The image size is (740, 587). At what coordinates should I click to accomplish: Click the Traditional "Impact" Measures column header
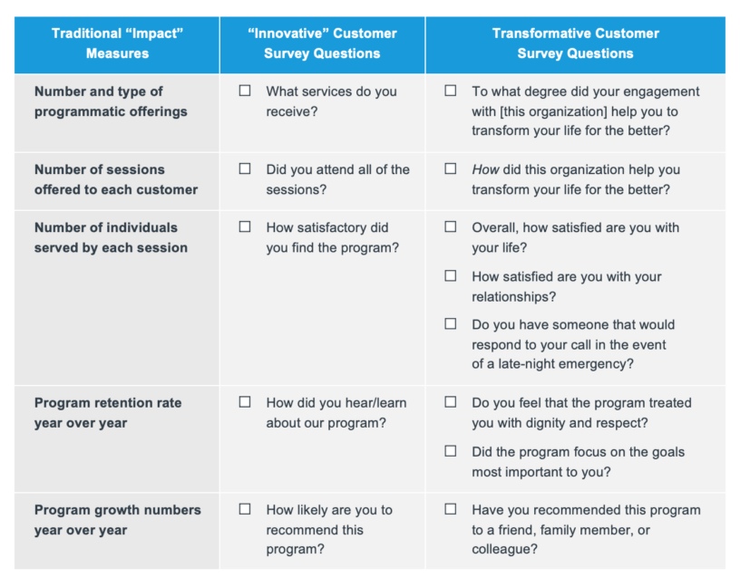(117, 43)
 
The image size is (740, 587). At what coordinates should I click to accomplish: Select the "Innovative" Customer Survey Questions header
(322, 43)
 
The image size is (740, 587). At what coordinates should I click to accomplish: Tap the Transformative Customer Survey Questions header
(575, 43)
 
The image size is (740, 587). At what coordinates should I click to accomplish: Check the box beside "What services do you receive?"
(245, 91)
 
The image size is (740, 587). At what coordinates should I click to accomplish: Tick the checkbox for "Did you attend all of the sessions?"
(245, 168)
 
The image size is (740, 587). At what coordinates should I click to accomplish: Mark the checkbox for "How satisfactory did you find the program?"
(245, 226)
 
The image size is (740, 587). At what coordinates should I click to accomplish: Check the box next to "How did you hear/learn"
(245, 401)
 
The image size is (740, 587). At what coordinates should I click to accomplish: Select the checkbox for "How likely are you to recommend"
(245, 509)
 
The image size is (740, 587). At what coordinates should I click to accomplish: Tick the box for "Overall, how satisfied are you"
(450, 226)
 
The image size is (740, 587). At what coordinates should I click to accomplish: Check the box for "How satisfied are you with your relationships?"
(450, 275)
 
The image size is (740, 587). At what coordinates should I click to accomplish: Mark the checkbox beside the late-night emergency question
(450, 324)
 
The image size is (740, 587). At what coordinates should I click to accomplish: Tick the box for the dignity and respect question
(450, 401)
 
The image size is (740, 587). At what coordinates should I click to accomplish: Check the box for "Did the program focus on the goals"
(450, 451)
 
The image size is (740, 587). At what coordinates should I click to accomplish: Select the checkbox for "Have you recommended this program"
(450, 509)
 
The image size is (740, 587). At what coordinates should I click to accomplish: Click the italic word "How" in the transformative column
(485, 169)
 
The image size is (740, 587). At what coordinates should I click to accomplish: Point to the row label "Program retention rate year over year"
(108, 413)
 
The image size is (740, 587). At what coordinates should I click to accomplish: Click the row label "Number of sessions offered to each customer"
(116, 179)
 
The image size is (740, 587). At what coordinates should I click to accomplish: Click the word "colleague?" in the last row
(504, 549)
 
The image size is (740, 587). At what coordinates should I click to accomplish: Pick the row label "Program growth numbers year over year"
(118, 520)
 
